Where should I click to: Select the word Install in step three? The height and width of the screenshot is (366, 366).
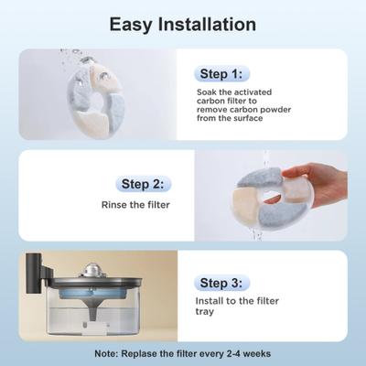(213, 301)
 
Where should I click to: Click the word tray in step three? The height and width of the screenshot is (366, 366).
(208, 313)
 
